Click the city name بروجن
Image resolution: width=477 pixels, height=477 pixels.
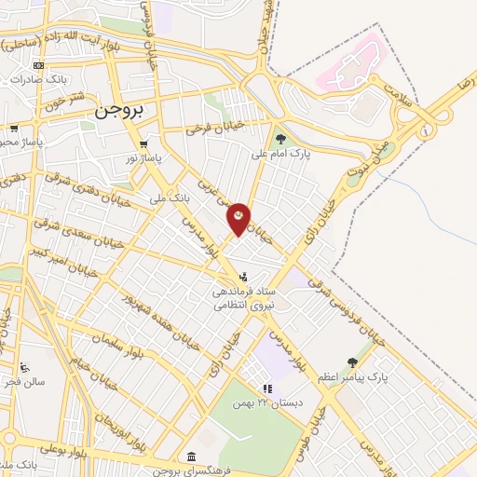tap(118, 111)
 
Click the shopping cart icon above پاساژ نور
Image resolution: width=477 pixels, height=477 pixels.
tap(143, 144)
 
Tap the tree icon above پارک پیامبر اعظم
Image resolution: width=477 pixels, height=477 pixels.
tap(351, 362)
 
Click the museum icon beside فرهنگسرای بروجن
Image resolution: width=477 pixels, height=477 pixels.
tap(191, 456)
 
